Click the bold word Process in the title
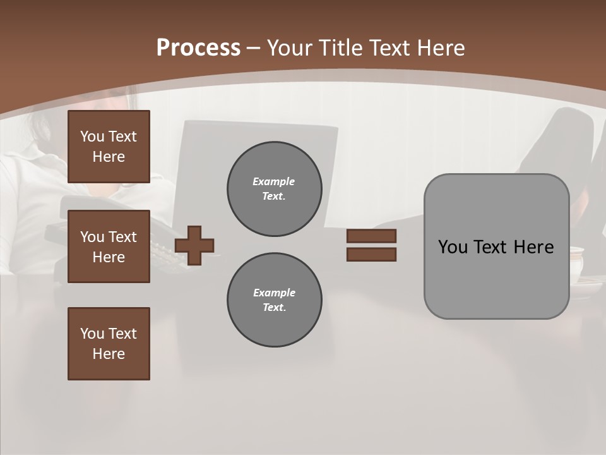(198, 47)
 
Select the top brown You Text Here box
(109, 147)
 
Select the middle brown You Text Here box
(109, 246)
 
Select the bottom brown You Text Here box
(109, 344)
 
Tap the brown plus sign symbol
(194, 245)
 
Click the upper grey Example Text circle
(275, 189)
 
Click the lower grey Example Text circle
(275, 300)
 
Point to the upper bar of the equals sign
(371, 236)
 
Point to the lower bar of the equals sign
(371, 254)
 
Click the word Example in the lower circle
(274, 293)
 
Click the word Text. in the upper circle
(274, 196)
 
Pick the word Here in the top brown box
(109, 157)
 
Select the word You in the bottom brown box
(91, 334)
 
